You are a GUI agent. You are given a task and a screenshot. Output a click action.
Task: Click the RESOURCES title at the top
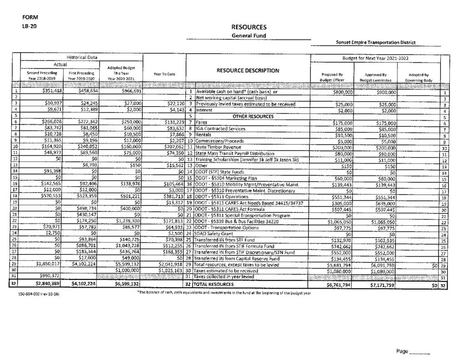(x=248, y=27)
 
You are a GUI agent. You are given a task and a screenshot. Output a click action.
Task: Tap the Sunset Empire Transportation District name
(x=375, y=43)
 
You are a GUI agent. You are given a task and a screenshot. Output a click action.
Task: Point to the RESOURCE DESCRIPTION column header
(x=248, y=71)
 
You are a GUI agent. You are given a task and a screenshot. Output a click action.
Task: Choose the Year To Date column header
(x=166, y=74)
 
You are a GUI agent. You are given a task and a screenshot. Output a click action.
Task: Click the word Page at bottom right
(x=402, y=352)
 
